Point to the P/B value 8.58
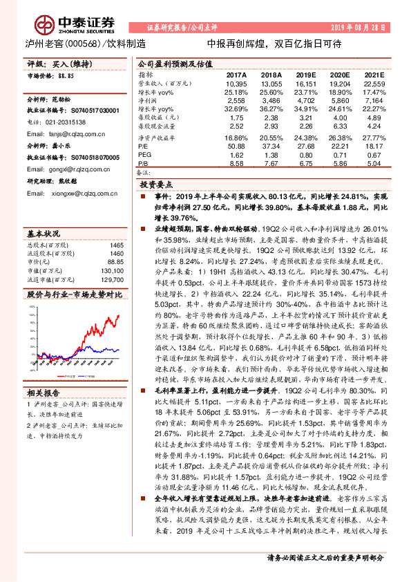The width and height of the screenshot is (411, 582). tap(236, 164)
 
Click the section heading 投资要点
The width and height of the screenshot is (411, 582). tap(157, 185)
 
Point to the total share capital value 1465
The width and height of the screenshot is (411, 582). tap(116, 245)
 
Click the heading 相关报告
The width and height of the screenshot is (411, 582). tap(43, 391)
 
